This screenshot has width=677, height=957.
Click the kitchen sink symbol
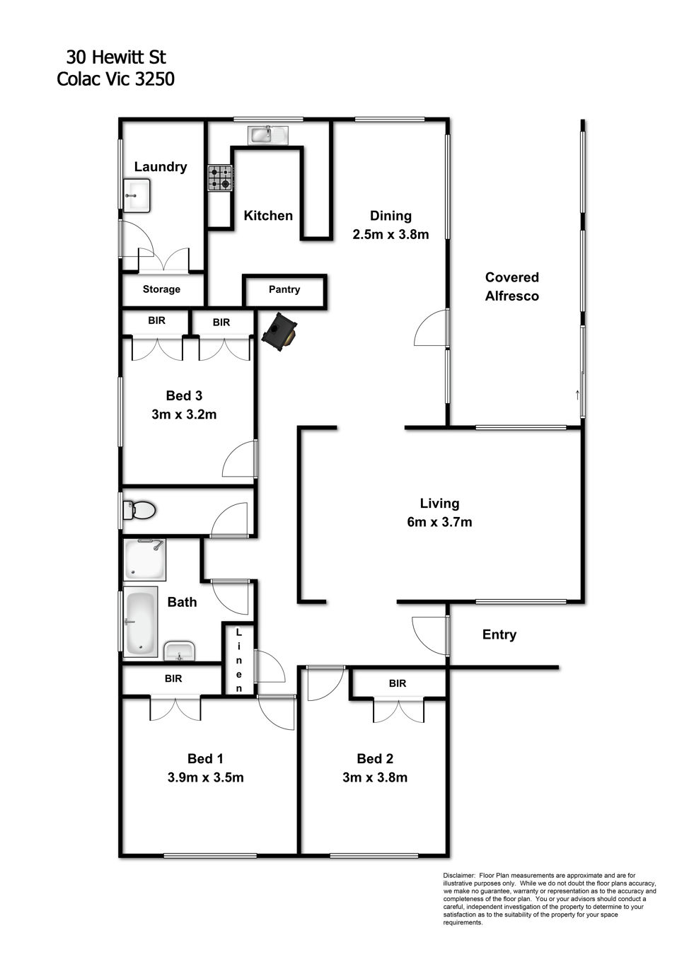point(268,134)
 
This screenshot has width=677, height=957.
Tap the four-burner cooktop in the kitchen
point(220,178)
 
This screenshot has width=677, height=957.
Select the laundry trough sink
point(137,195)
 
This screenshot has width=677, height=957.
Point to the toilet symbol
point(139,510)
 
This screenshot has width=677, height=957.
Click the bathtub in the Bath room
point(140,622)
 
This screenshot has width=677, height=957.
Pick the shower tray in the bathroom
point(144,559)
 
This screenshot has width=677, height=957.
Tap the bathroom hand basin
point(180,651)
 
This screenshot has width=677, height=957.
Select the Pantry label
point(284,290)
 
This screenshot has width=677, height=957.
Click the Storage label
point(161,289)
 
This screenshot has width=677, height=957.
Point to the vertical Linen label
point(239,660)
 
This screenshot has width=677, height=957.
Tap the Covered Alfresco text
point(511,286)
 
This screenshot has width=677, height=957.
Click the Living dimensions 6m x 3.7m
point(439,522)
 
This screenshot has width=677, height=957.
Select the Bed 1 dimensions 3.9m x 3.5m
point(206,777)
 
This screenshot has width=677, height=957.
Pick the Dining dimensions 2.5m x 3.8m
point(390,234)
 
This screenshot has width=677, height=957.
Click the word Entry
point(499,634)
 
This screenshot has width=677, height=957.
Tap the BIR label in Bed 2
point(398,683)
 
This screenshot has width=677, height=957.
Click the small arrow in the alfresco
point(577,395)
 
